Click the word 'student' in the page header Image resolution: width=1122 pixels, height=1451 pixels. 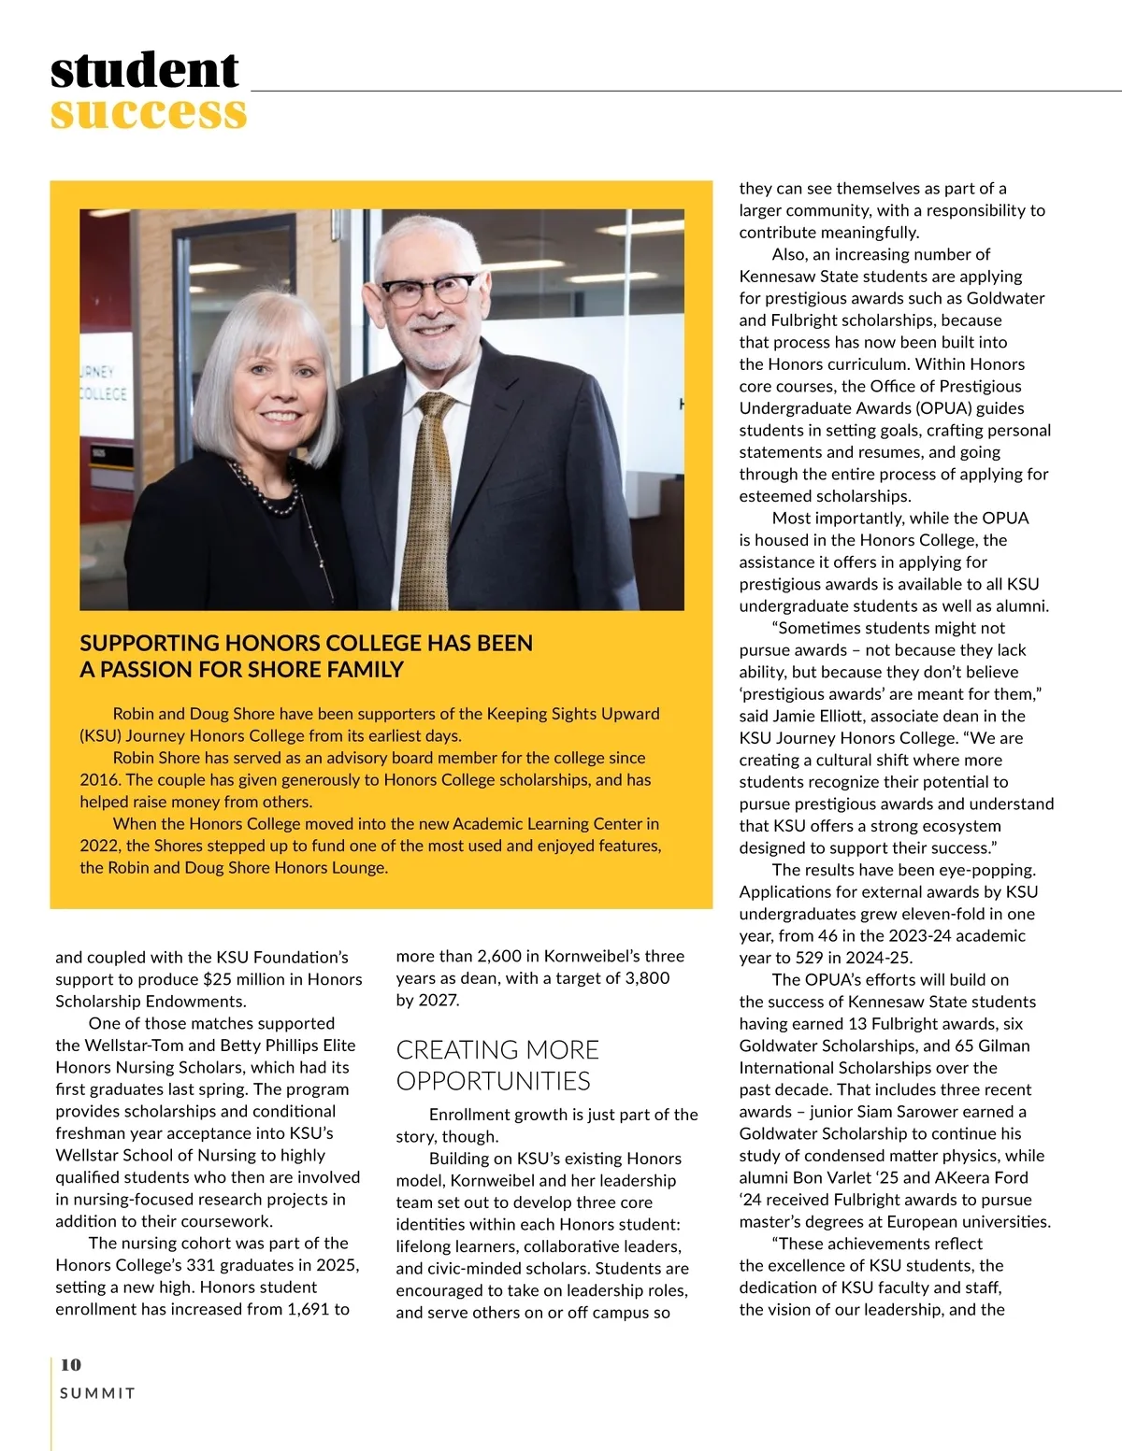pos(145,70)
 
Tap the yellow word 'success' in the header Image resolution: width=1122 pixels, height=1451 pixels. pos(149,113)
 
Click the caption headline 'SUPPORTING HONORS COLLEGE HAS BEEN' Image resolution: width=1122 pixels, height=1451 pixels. pos(306,643)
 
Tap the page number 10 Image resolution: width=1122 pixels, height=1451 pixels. pos(70,1364)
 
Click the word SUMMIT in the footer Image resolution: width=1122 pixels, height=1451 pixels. pos(97,1393)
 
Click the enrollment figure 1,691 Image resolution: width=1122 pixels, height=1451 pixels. pos(305,1309)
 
